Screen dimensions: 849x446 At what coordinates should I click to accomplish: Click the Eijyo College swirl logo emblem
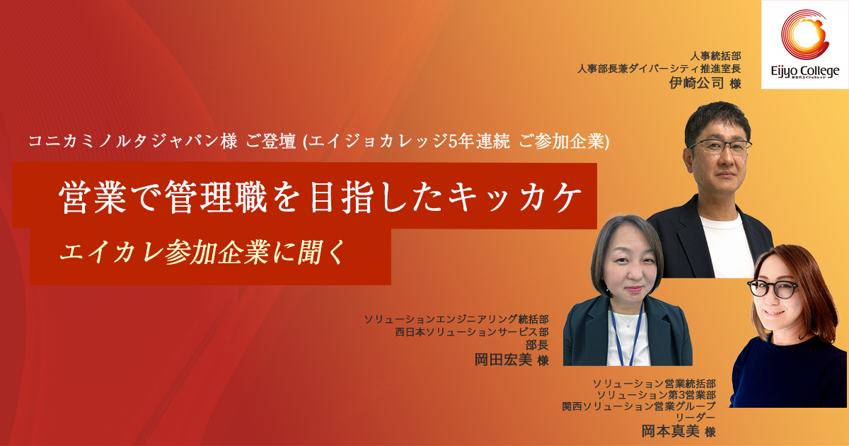[x=805, y=35]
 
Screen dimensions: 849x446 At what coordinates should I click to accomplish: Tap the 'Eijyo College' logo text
[x=805, y=72]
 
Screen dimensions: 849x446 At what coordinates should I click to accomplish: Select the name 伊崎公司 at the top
[x=696, y=83]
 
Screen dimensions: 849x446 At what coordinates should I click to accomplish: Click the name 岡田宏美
[x=503, y=360]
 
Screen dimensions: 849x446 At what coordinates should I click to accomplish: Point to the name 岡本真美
[x=670, y=431]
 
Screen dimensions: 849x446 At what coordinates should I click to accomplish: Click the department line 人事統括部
[x=715, y=56]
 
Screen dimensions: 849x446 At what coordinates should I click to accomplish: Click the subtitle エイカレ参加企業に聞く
[x=203, y=252]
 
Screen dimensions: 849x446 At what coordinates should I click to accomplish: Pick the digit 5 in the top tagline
[x=453, y=142]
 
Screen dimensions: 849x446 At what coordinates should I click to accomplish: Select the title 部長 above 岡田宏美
[x=537, y=345]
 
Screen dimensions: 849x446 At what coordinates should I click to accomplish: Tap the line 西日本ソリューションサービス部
[x=472, y=332]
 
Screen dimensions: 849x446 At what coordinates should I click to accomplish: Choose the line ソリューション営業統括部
[x=654, y=384]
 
